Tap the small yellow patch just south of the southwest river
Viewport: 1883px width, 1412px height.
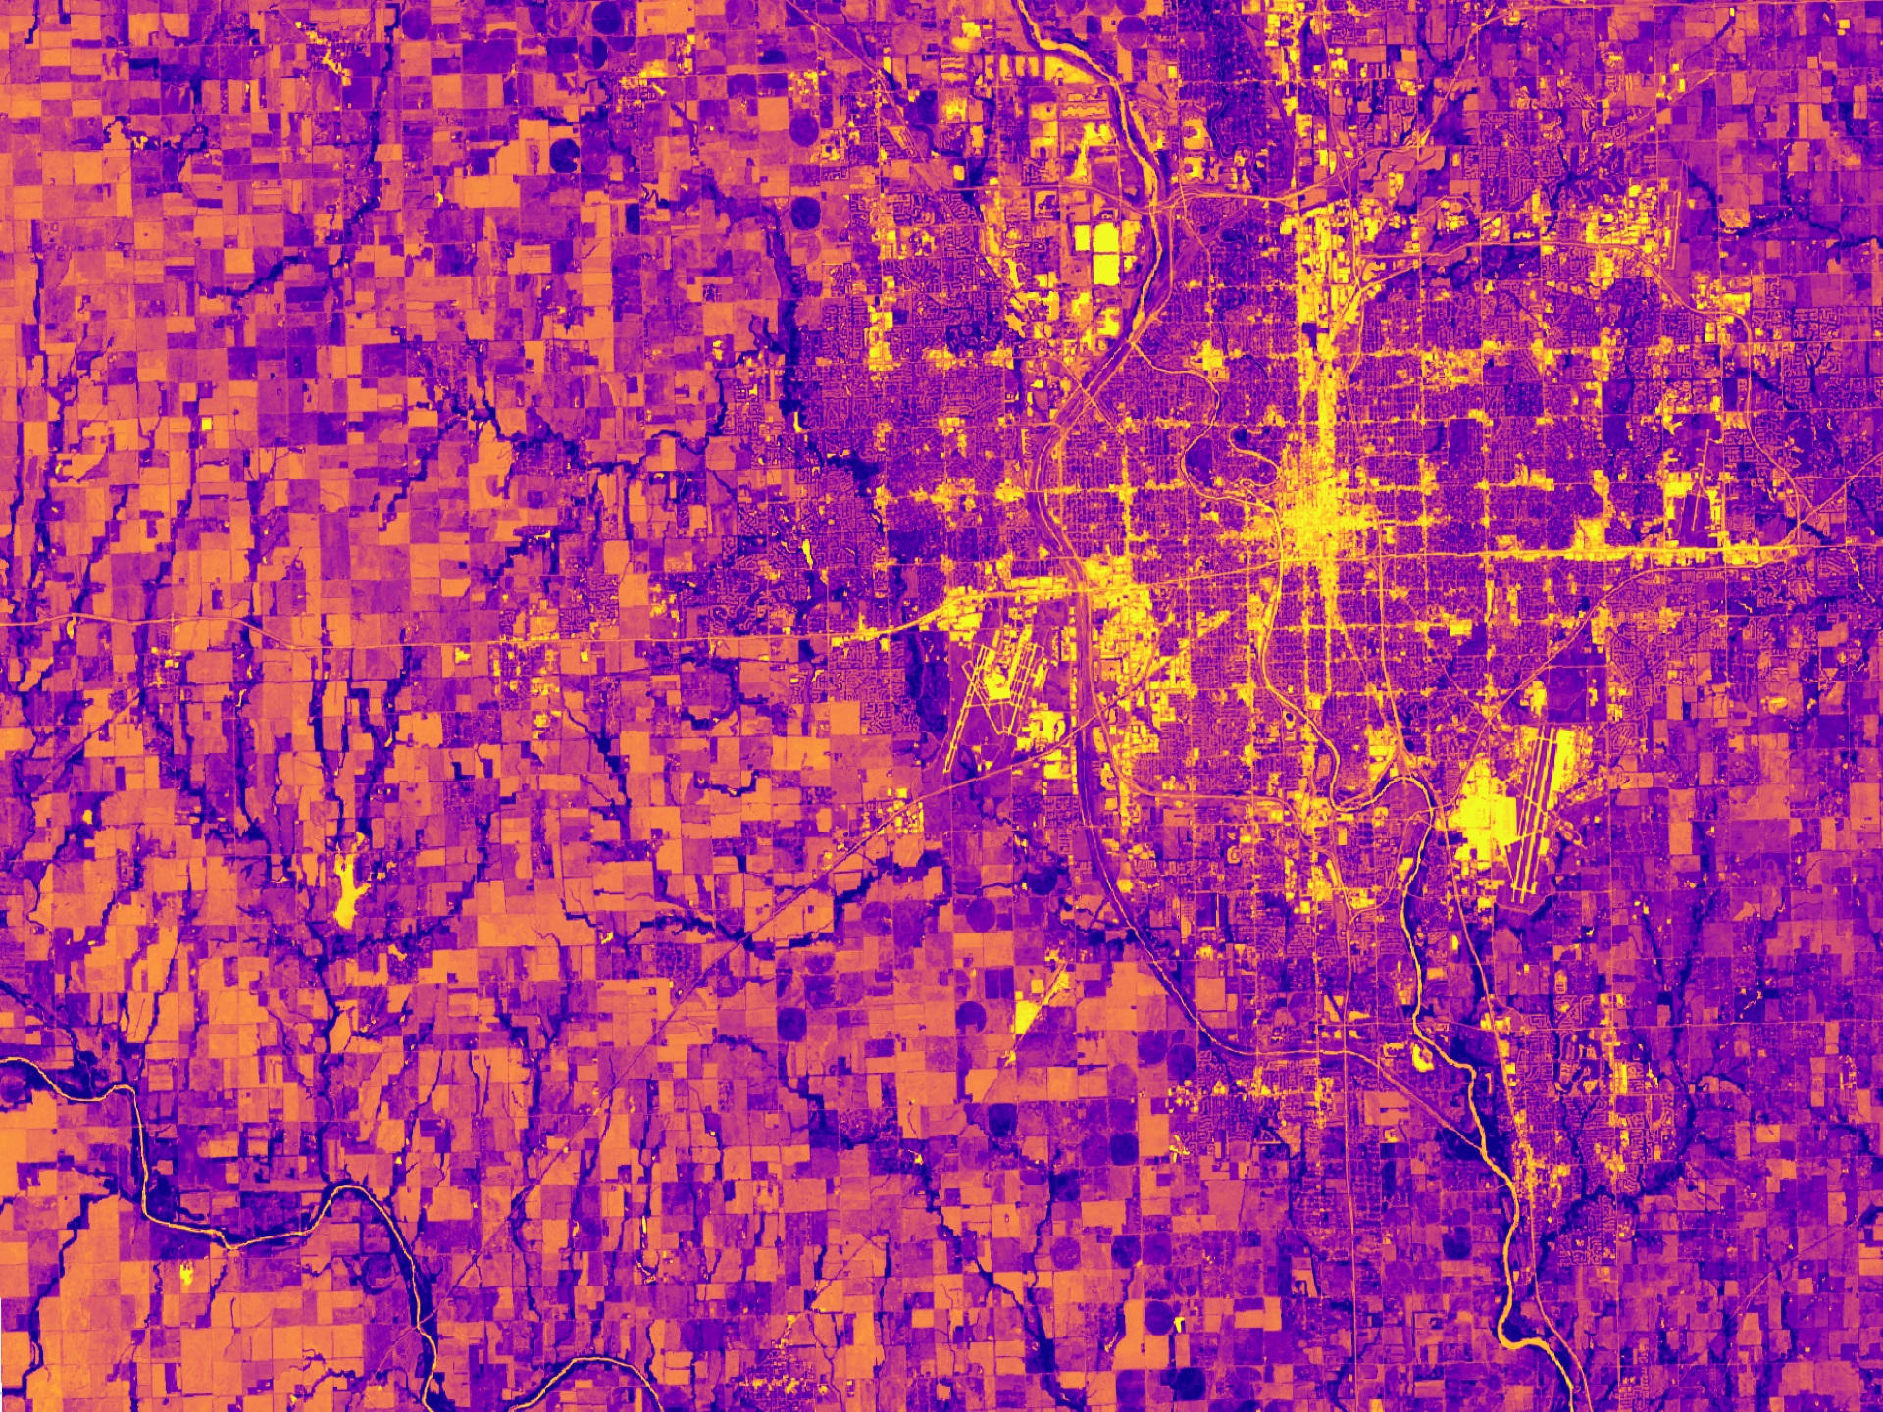pos(185,1275)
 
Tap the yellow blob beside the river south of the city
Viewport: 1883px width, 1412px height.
pos(1420,1055)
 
